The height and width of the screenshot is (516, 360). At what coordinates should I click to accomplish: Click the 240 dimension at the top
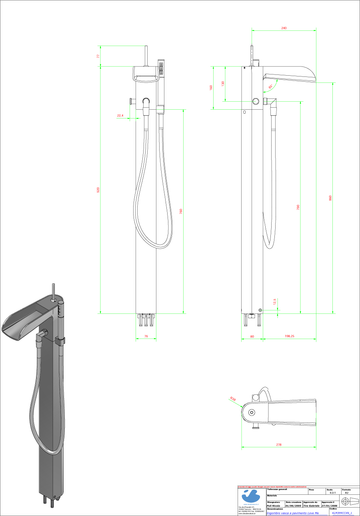click(x=284, y=28)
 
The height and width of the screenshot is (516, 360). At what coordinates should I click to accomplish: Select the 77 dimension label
click(x=98, y=56)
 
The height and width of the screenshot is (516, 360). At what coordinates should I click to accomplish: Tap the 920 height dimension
click(x=98, y=190)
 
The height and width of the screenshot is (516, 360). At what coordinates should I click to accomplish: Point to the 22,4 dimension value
click(x=120, y=116)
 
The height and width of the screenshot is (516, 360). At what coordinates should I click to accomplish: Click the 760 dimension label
click(x=181, y=211)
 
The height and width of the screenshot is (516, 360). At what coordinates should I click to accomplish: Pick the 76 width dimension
click(x=146, y=337)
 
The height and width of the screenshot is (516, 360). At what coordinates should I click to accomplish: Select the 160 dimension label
click(x=211, y=87)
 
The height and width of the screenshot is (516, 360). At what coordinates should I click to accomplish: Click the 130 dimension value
click(x=223, y=84)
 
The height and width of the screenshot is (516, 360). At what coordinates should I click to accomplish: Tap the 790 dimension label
click(x=298, y=207)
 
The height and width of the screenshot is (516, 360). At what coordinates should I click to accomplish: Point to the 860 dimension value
click(x=330, y=198)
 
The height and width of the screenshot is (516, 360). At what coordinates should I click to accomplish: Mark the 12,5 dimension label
click(x=274, y=301)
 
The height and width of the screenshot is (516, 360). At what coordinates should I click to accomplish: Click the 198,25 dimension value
click(x=290, y=337)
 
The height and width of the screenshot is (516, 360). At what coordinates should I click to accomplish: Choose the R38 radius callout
click(x=233, y=399)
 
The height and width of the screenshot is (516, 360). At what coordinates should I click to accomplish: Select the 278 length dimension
click(x=279, y=445)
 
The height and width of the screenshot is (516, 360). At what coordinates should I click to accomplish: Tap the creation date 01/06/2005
click(x=293, y=506)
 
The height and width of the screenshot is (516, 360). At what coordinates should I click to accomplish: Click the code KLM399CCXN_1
click(x=342, y=513)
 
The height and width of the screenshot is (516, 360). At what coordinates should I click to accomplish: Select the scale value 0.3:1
click(x=333, y=493)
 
